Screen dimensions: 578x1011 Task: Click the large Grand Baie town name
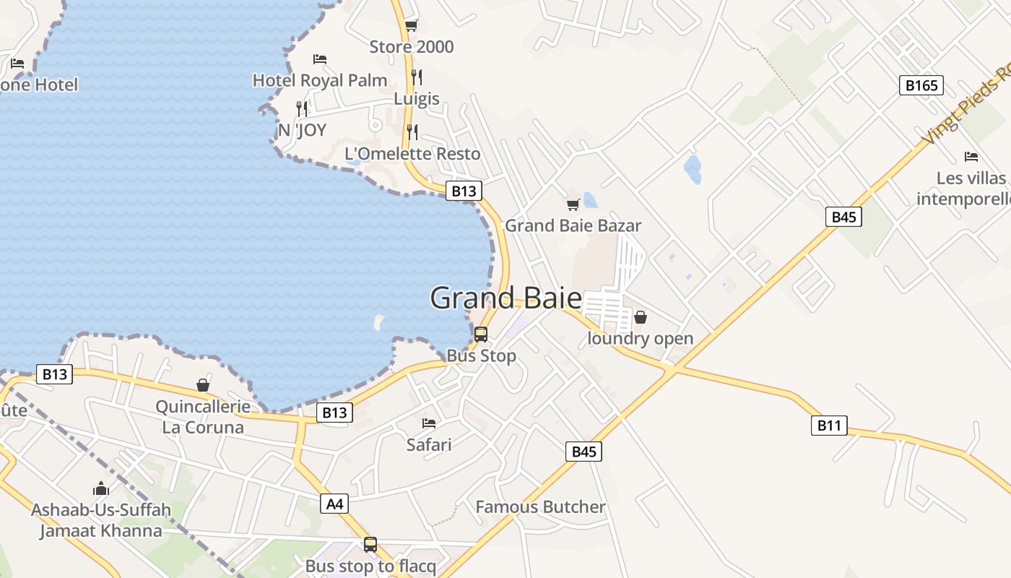pyautogui.click(x=506, y=298)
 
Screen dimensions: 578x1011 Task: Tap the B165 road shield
pyautogui.click(x=922, y=85)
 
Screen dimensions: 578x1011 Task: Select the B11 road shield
pyautogui.click(x=828, y=426)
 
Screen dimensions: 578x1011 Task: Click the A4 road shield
pyautogui.click(x=335, y=504)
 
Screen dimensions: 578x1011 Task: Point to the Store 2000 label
pyautogui.click(x=412, y=47)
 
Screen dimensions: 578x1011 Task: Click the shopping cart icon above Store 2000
pyautogui.click(x=411, y=26)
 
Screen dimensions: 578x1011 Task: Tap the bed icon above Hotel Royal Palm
pyautogui.click(x=320, y=59)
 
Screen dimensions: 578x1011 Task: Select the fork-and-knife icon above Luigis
pyautogui.click(x=417, y=76)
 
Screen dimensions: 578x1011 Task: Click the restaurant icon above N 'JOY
pyautogui.click(x=302, y=108)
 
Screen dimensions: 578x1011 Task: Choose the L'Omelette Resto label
pyautogui.click(x=412, y=153)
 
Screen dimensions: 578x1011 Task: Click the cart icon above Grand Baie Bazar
pyautogui.click(x=573, y=204)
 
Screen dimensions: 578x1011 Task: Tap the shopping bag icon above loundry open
pyautogui.click(x=640, y=317)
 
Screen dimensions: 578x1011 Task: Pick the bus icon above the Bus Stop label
pyautogui.click(x=481, y=335)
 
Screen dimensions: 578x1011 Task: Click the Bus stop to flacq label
pyautogui.click(x=370, y=566)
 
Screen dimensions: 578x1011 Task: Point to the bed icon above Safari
pyautogui.click(x=429, y=423)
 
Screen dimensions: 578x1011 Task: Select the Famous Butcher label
pyautogui.click(x=540, y=507)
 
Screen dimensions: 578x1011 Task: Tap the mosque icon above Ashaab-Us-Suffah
pyautogui.click(x=100, y=488)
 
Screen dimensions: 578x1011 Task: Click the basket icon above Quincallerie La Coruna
pyautogui.click(x=203, y=385)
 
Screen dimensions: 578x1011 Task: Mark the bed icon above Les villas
pyautogui.click(x=971, y=156)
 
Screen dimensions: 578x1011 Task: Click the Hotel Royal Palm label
pyautogui.click(x=320, y=80)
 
